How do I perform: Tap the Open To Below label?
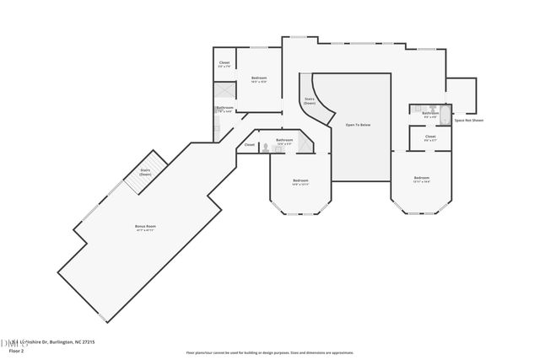(358, 125)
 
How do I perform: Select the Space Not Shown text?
(469, 121)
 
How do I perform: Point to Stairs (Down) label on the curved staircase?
(310, 101)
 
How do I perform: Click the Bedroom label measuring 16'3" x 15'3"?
(259, 78)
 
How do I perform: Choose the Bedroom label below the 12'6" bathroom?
(300, 180)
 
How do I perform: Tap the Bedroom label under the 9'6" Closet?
(422, 178)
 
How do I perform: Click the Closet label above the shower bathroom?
(224, 63)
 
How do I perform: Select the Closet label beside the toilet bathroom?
(250, 145)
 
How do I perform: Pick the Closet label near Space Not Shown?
(430, 136)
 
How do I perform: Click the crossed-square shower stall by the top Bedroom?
(224, 91)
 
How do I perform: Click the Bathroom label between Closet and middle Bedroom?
(284, 140)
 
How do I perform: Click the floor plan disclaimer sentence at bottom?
(269, 353)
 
